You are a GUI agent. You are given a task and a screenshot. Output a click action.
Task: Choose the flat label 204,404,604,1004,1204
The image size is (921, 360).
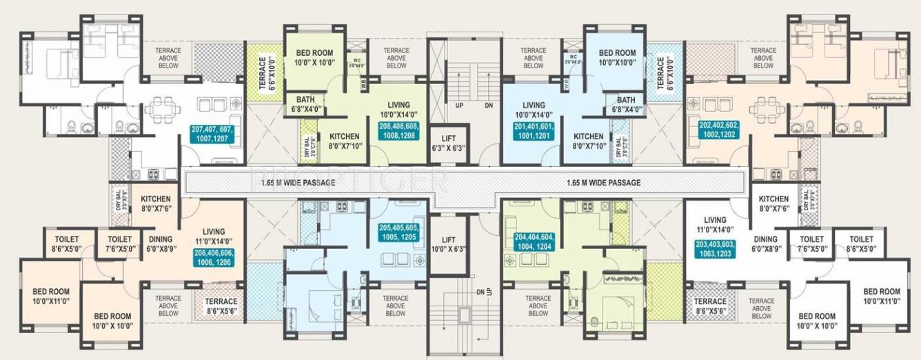click(534, 241)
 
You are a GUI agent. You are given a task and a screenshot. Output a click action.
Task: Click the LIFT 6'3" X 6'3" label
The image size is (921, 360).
click(448, 143)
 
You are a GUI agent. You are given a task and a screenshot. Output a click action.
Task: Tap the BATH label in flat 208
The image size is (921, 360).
click(305, 104)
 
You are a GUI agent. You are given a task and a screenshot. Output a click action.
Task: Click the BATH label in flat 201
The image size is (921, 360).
click(626, 104)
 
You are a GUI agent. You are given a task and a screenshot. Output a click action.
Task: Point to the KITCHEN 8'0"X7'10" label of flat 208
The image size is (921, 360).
click(343, 141)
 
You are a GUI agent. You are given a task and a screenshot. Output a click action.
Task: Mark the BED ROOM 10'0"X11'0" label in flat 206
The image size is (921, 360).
click(52, 296)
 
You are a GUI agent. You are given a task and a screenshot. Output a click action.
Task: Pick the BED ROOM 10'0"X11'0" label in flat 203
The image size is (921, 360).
click(882, 296)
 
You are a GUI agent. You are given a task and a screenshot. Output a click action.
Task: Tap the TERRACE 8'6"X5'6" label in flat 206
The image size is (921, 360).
click(221, 306)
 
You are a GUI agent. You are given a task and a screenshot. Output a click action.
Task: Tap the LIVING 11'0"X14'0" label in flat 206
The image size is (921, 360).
click(219, 237)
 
